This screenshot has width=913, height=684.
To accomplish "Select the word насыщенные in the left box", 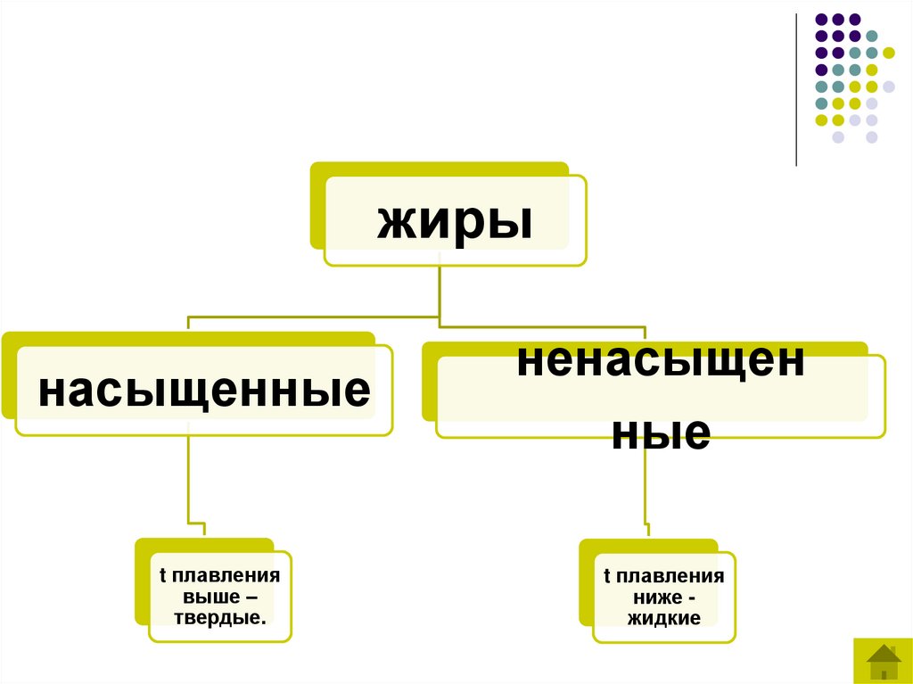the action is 203,391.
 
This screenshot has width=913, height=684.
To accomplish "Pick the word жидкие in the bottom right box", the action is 664,618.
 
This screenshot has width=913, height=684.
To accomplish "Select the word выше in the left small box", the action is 211,597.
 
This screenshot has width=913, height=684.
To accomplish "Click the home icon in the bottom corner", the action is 883,661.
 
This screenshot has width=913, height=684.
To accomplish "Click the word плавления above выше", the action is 227,576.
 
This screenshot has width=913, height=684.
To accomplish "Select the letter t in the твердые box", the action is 163,576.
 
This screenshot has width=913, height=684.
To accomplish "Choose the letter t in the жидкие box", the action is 607,576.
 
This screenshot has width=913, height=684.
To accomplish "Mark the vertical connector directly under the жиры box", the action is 440,290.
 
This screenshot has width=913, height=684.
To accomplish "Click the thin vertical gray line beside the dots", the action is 796,89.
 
